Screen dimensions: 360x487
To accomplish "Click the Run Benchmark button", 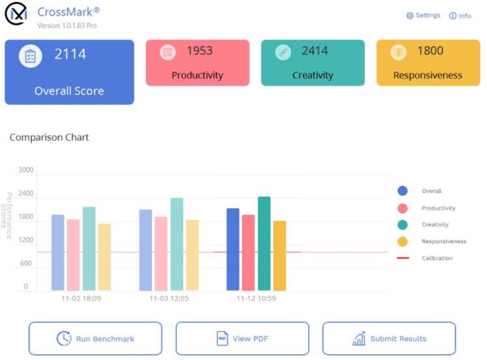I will point(95,338).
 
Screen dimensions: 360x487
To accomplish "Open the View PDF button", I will point(242,338).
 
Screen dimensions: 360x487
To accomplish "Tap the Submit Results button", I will point(389,338).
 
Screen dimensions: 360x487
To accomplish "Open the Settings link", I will point(423,16).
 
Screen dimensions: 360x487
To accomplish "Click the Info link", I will point(460,16).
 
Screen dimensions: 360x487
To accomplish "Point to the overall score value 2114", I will point(70,55).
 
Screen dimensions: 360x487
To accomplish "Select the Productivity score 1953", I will point(199,51).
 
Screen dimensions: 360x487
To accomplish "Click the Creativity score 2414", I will point(315,51).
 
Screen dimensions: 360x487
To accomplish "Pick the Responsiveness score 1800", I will point(430,51).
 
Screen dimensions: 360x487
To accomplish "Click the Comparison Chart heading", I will point(50,138).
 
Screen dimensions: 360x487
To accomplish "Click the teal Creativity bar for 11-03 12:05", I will point(177,244).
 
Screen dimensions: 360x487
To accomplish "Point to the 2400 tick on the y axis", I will point(25,194).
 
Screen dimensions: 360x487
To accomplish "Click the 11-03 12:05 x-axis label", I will point(168,298).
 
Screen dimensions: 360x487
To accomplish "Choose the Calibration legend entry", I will point(437,258).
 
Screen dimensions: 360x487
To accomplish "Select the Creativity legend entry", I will point(435,224).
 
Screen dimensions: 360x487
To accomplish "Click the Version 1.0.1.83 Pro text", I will point(67,26).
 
